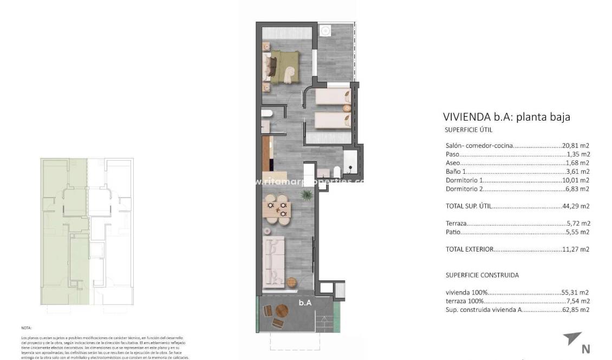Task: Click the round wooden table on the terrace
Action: pyautogui.click(x=282, y=311)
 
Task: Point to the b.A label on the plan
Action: pyautogui.click(x=305, y=303)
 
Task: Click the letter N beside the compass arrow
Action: pyautogui.click(x=585, y=349)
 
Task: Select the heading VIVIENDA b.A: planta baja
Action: pyautogui.click(x=506, y=117)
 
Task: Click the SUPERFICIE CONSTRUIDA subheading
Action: pyautogui.click(x=481, y=275)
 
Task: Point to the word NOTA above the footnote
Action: pyautogui.click(x=27, y=328)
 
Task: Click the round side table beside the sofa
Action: pyautogui.click(x=292, y=282)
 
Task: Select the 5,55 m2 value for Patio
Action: pyautogui.click(x=578, y=232)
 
